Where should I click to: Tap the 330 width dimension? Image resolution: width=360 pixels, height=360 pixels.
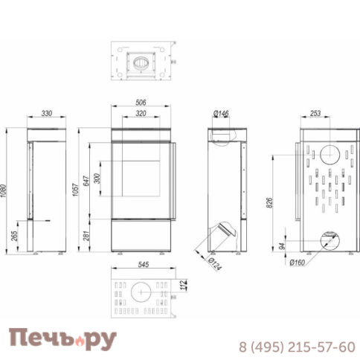click(x=48, y=114)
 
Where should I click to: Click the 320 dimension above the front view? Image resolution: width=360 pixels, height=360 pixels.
click(x=139, y=115)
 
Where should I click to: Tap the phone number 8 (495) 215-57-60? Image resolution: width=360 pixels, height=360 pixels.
click(x=296, y=347)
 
